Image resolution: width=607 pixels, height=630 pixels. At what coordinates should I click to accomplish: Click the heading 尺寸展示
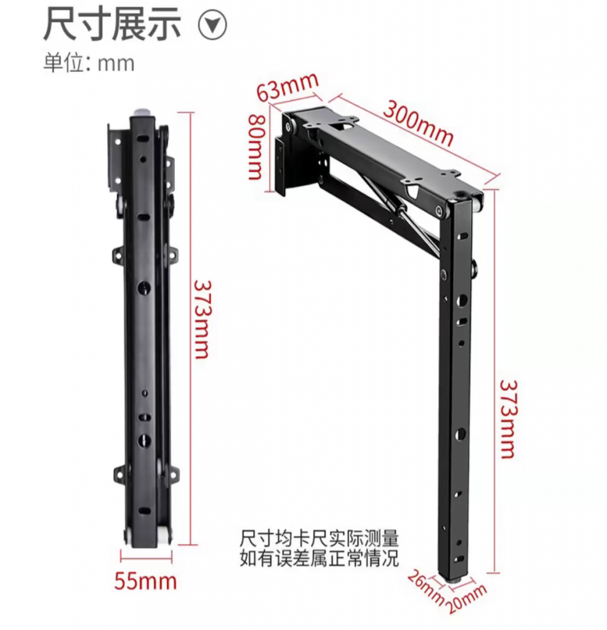coord(112,25)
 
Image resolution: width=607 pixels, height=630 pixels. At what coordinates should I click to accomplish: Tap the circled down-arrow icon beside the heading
coord(212,26)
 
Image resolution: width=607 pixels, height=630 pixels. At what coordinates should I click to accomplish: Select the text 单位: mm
coord(89,63)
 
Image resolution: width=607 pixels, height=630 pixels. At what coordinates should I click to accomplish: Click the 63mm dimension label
coord(288,87)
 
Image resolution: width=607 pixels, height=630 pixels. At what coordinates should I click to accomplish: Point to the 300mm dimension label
coord(419,123)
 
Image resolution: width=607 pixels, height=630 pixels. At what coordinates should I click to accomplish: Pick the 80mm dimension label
coord(255,146)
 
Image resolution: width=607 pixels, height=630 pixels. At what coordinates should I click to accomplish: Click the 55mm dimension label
coord(145,581)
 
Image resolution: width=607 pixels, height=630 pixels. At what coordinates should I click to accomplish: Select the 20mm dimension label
coord(467,598)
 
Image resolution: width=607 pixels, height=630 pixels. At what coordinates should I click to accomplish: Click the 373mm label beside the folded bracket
coord(203,319)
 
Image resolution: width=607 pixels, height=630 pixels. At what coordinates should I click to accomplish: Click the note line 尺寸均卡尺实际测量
coord(320,538)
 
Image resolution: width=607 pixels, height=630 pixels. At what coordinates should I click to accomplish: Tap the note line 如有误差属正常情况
coord(320,558)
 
